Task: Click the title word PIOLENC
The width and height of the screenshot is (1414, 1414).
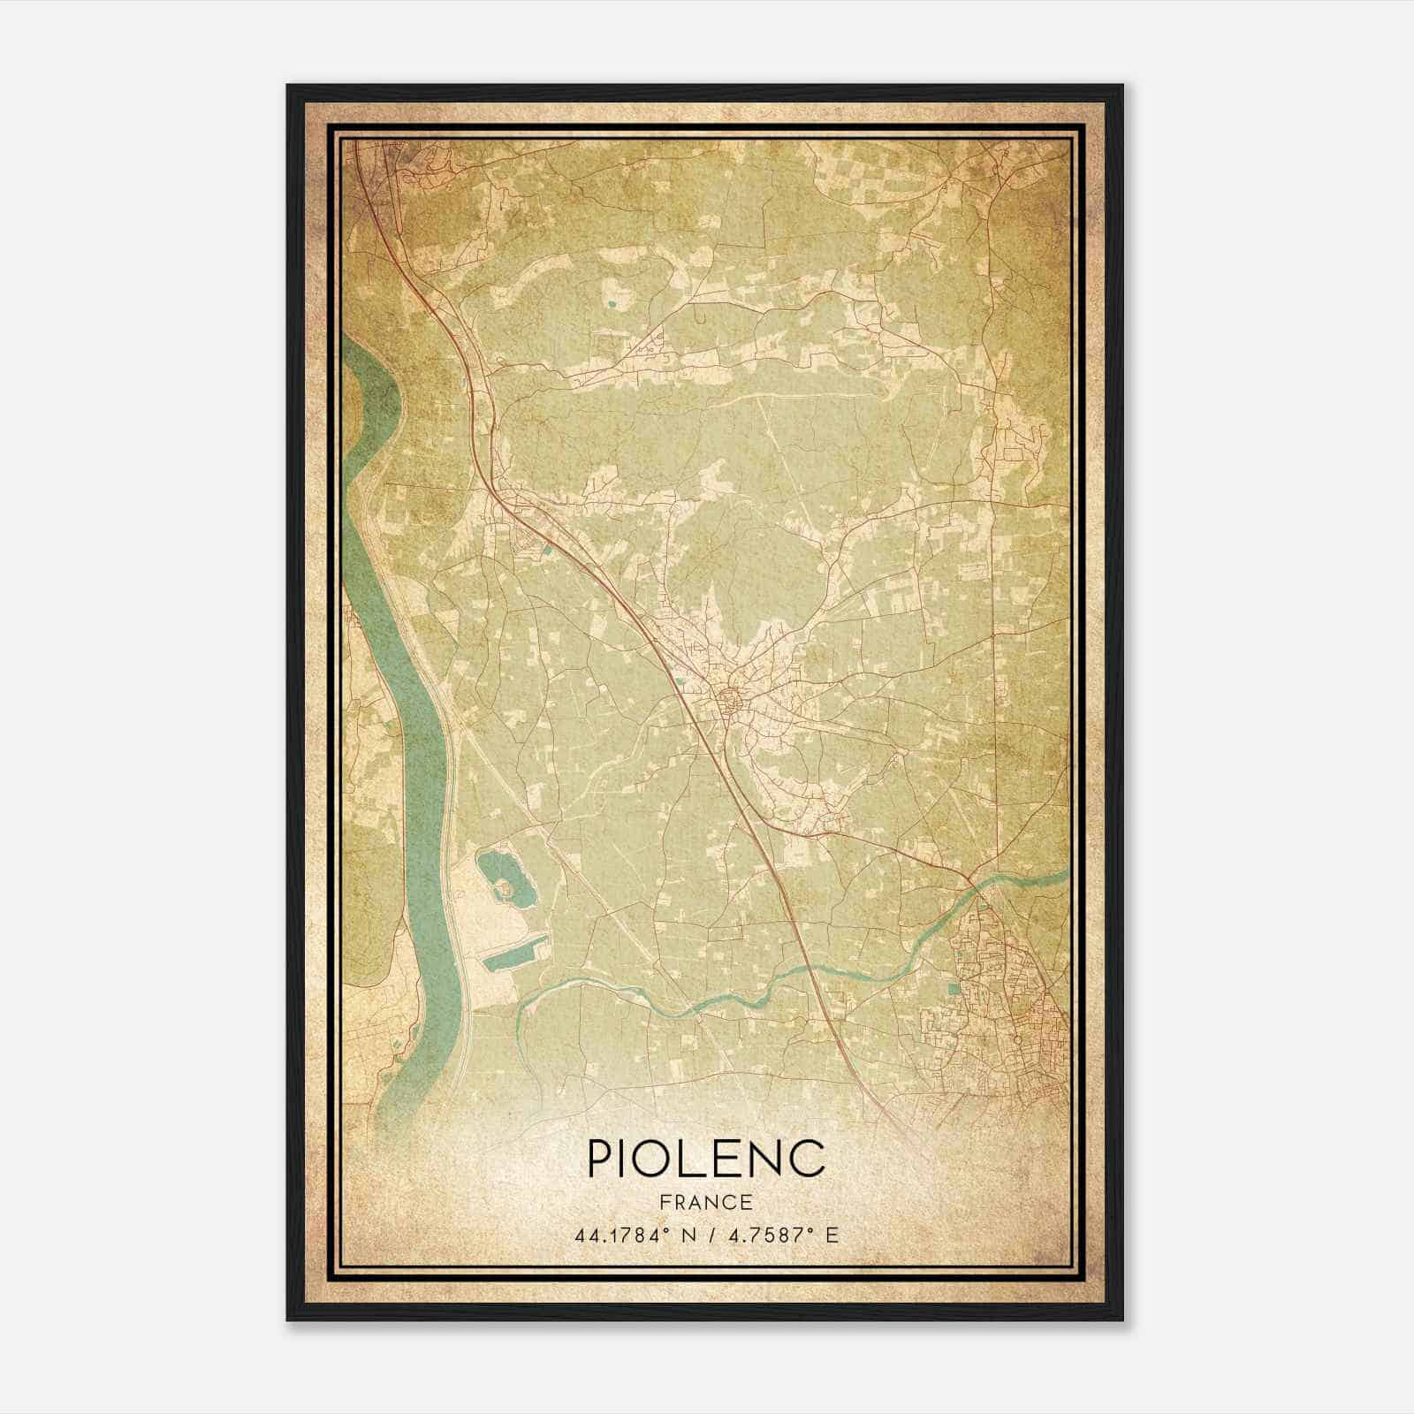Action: pos(706,1159)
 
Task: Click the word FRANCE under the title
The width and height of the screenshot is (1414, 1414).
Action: pos(706,1203)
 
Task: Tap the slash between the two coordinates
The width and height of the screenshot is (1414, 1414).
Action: pos(707,1235)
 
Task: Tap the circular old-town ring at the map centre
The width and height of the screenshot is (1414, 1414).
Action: pos(730,703)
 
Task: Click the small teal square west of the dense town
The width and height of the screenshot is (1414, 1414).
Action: pos(953,987)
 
